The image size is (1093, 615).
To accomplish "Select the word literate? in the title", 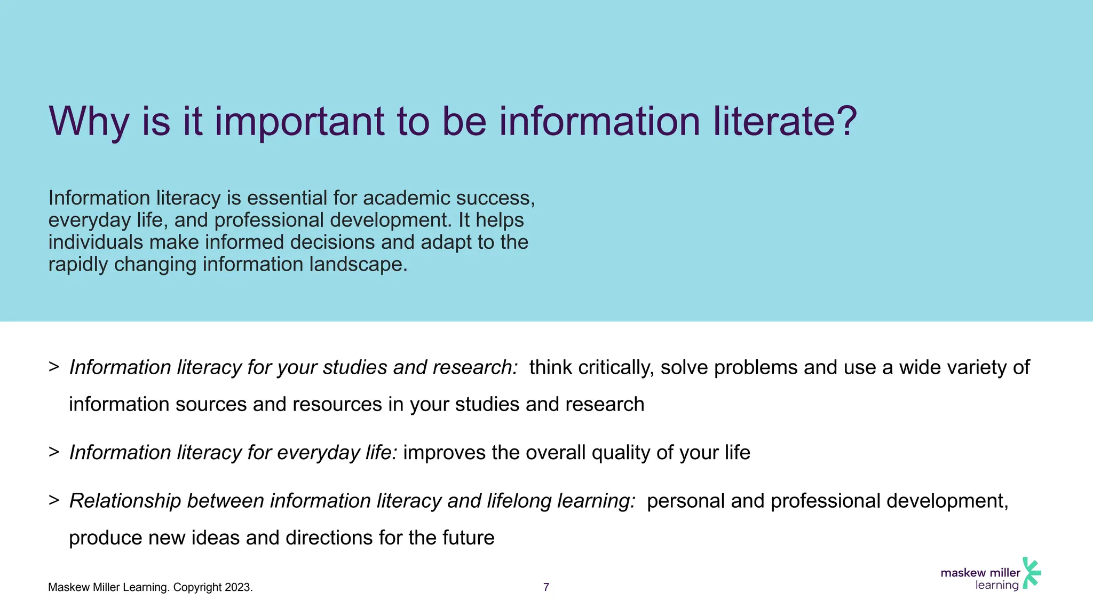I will (785, 122).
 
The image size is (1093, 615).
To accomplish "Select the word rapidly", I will (78, 264).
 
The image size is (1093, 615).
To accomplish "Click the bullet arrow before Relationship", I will (53, 500).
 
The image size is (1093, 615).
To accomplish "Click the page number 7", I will (546, 587).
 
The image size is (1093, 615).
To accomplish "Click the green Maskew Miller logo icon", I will (1031, 573).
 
